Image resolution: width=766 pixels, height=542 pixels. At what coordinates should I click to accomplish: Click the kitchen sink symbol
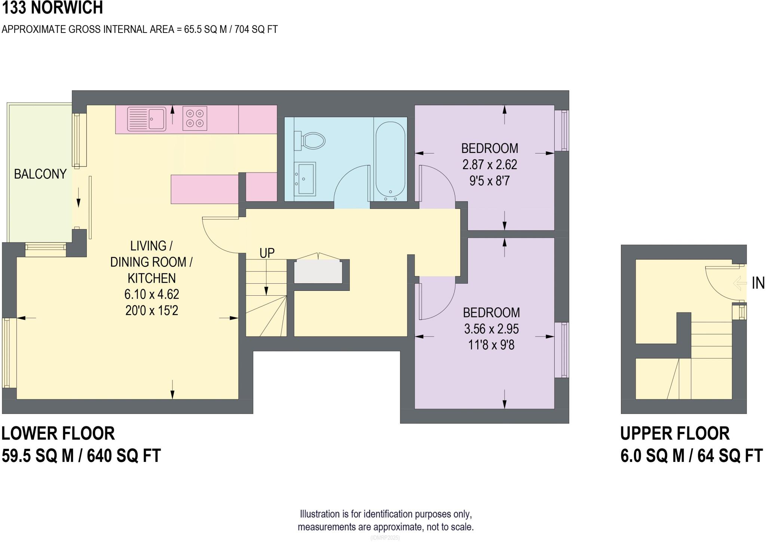[146, 119]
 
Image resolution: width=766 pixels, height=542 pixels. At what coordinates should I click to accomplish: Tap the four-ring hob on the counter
[194, 118]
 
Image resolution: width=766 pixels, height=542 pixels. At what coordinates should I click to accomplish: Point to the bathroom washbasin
[305, 179]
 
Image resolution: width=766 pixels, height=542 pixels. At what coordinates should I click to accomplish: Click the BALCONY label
[40, 174]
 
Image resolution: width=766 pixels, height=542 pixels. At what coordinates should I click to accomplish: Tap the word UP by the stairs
[267, 253]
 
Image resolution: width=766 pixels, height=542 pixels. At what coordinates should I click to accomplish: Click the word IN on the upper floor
[758, 283]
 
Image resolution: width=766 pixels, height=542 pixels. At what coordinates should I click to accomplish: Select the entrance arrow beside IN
[740, 283]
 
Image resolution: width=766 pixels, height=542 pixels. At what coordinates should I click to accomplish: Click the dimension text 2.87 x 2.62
[490, 165]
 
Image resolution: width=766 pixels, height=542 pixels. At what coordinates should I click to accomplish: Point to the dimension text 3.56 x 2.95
[491, 329]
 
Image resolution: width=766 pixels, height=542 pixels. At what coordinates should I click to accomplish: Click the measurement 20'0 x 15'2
[151, 311]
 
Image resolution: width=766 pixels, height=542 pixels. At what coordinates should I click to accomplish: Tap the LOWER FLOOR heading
[58, 433]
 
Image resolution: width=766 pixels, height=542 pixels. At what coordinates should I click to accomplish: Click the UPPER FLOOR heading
[675, 433]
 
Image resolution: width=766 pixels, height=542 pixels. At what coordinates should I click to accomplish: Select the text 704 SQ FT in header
[256, 30]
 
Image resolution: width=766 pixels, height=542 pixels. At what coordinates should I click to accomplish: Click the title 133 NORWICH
[52, 8]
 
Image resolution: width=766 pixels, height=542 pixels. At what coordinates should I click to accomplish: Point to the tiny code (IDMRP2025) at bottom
[385, 538]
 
